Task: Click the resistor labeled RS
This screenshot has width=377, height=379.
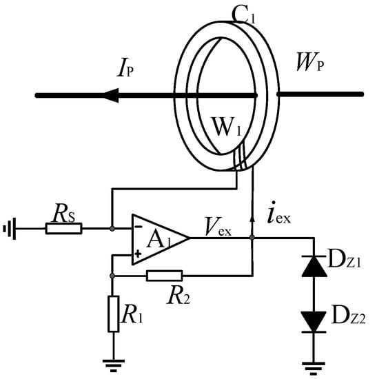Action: [x=63, y=227]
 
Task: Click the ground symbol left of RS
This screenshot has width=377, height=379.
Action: [x=8, y=227]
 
